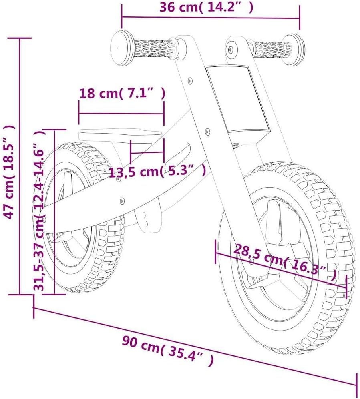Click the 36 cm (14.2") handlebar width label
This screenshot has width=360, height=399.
click(x=207, y=7)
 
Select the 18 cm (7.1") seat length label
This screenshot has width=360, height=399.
click(x=123, y=93)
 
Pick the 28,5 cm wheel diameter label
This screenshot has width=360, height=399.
click(x=285, y=262)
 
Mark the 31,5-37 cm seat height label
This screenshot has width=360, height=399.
click(x=40, y=210)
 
